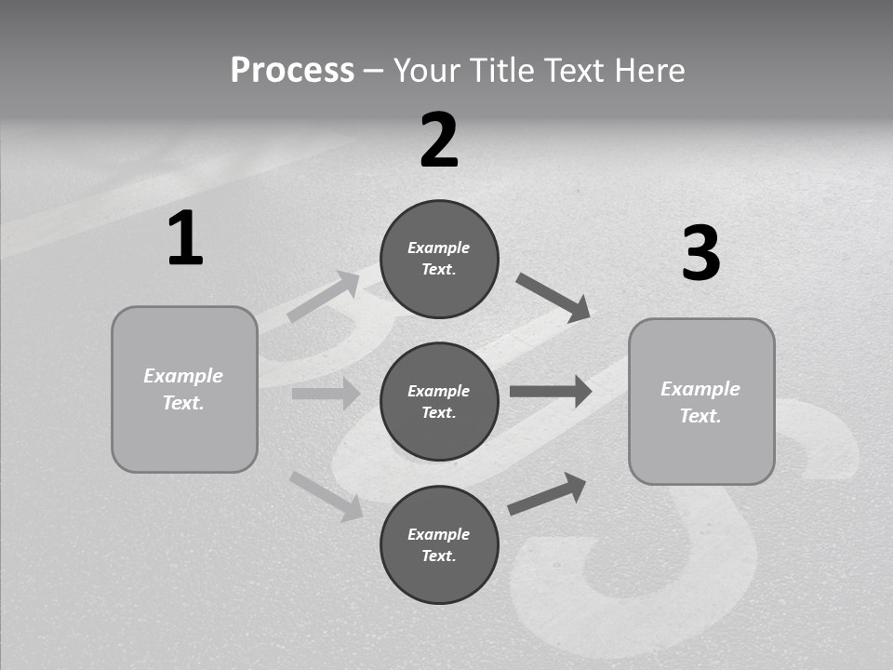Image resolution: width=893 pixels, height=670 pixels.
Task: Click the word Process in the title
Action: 292,71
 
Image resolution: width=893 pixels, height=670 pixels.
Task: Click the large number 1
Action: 185,239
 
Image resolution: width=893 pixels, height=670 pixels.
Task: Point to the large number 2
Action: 439,141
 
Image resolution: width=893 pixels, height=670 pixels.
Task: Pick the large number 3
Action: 700,254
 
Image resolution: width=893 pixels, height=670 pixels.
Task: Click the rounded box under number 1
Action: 184,389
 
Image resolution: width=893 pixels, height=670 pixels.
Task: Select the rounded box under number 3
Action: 701,402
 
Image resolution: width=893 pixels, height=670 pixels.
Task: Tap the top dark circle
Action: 439,259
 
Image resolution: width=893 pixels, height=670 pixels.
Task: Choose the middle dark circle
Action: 439,401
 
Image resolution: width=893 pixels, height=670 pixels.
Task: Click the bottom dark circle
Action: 439,544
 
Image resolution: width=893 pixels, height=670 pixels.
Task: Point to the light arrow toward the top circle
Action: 323,297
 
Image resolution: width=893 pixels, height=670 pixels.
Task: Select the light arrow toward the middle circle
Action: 326,394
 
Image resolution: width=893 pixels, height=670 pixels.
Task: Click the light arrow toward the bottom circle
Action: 326,496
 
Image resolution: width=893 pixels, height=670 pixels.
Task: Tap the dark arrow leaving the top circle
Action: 553,297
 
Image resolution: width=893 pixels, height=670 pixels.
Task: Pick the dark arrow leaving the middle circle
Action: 551,391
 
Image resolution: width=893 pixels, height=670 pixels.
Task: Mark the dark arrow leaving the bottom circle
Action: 547,493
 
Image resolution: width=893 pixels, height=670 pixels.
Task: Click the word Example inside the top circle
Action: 439,248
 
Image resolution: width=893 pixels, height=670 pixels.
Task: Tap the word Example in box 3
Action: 700,389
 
